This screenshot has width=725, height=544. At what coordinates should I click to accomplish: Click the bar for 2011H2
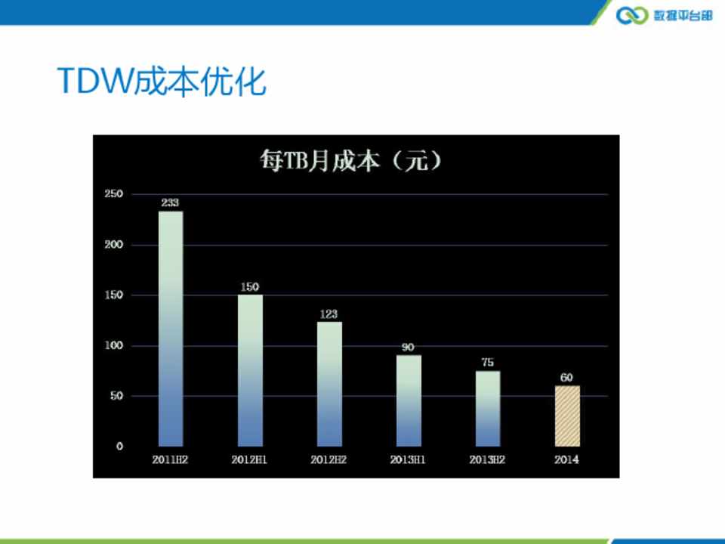pyautogui.click(x=171, y=329)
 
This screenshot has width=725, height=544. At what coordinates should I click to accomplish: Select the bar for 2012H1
pyautogui.click(x=250, y=370)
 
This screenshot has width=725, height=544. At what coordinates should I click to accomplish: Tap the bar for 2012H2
pyautogui.click(x=330, y=384)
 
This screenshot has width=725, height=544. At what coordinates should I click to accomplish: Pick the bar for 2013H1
pyautogui.click(x=409, y=400)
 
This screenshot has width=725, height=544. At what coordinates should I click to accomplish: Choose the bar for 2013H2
pyautogui.click(x=488, y=409)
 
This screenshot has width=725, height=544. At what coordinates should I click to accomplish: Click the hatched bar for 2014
pyautogui.click(x=567, y=416)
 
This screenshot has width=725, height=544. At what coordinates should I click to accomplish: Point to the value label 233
pyautogui.click(x=170, y=202)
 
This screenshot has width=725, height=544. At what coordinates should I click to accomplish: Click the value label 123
pyautogui.click(x=329, y=314)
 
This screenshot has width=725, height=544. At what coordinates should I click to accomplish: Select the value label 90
pyautogui.click(x=408, y=347)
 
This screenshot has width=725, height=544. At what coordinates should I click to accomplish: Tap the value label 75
pyautogui.click(x=488, y=362)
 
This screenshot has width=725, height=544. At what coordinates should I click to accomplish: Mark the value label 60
pyautogui.click(x=566, y=378)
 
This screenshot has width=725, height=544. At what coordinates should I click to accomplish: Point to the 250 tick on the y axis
pyautogui.click(x=114, y=194)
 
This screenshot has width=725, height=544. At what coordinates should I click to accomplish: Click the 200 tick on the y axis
pyautogui.click(x=114, y=245)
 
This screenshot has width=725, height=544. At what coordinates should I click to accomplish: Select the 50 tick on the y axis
pyautogui.click(x=116, y=396)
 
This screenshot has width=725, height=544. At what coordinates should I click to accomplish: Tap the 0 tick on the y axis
pyautogui.click(x=120, y=447)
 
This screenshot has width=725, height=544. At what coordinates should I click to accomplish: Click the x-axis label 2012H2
pyautogui.click(x=329, y=460)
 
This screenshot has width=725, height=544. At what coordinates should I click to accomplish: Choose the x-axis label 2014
pyautogui.click(x=566, y=460)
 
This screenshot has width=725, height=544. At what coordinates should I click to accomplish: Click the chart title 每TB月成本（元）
pyautogui.click(x=351, y=161)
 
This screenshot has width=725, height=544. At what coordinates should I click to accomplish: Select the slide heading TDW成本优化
pyautogui.click(x=162, y=82)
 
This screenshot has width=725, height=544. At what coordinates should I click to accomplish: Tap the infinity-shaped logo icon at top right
pyautogui.click(x=633, y=15)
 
